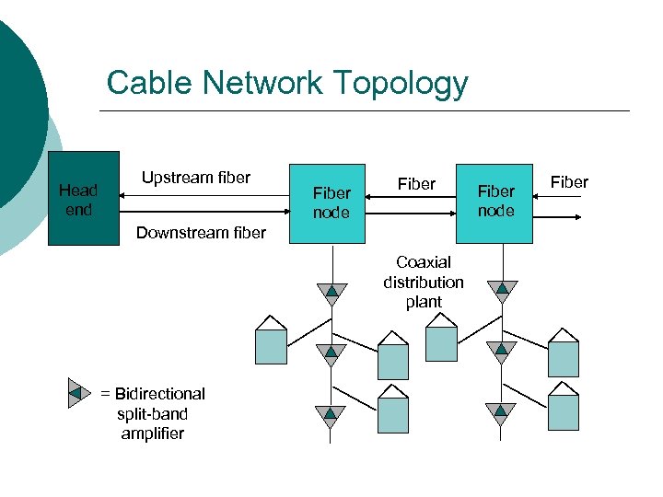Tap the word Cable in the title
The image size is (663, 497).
pyautogui.click(x=147, y=83)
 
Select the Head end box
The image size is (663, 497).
pyautogui.click(x=83, y=199)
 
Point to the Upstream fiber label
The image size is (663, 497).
pyautogui.click(x=195, y=178)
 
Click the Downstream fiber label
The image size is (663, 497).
pyautogui.click(x=201, y=233)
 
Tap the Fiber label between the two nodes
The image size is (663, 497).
pyautogui.click(x=416, y=184)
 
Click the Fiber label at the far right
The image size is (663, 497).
pyautogui.click(x=569, y=182)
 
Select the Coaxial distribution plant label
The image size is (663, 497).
pyautogui.click(x=424, y=283)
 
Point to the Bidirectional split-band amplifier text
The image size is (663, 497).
pyautogui.click(x=153, y=413)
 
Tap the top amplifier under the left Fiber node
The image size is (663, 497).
pyautogui.click(x=330, y=293)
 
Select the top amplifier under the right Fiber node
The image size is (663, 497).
pyautogui.click(x=502, y=291)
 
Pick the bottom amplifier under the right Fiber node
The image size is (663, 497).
pyautogui.click(x=502, y=414)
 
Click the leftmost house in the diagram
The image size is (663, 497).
pyautogui.click(x=271, y=341)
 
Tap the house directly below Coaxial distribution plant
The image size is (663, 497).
pyautogui.click(x=441, y=338)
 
